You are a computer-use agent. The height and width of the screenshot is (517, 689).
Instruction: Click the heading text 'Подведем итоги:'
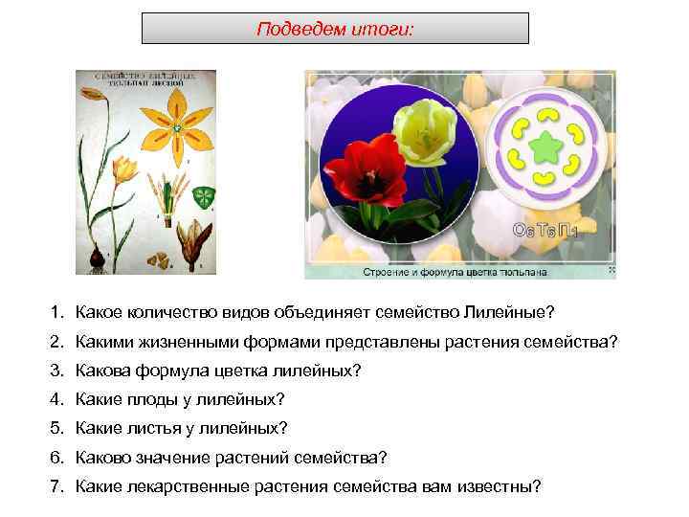coord(335,29)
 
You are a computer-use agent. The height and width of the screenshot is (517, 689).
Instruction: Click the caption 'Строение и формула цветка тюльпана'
coord(455,272)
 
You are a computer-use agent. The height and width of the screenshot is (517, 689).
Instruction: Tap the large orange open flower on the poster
coord(177,126)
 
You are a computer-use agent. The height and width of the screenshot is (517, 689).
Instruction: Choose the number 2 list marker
coord(57,341)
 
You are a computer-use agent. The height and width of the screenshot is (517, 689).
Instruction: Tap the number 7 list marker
coord(57,485)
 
